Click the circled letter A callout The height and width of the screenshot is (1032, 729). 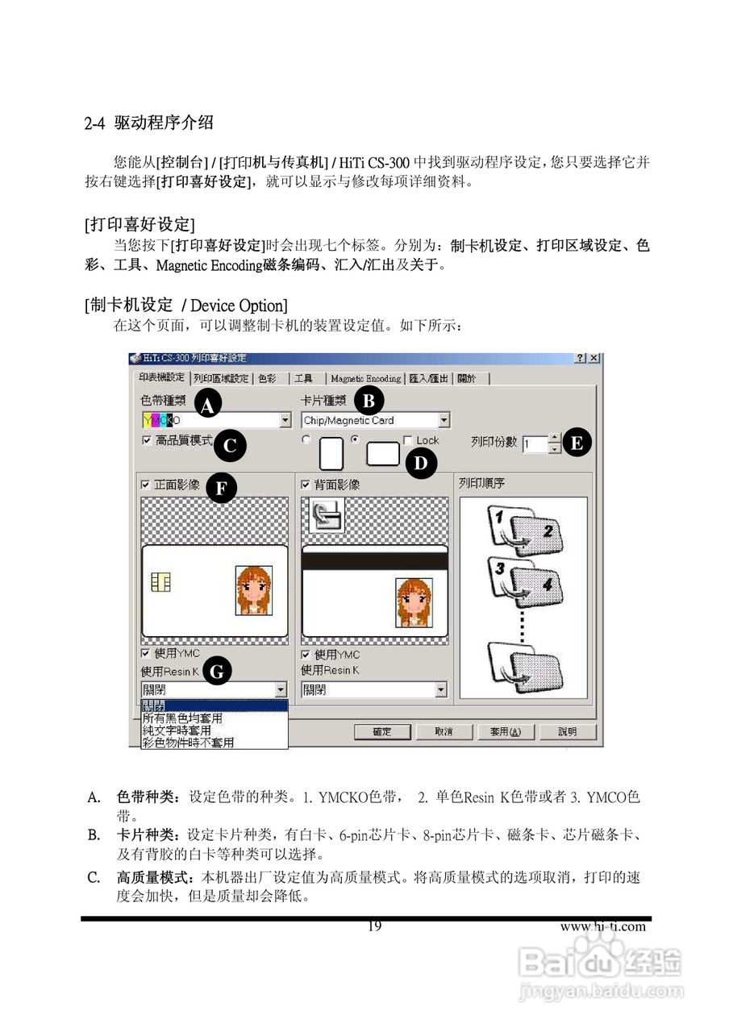click(x=207, y=406)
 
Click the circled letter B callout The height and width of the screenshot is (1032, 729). click(x=369, y=398)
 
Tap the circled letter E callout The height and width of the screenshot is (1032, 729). click(x=577, y=442)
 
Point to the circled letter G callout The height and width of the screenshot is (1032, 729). click(x=218, y=670)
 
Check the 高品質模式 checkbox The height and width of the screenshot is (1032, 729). click(x=147, y=440)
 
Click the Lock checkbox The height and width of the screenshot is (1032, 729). click(x=408, y=440)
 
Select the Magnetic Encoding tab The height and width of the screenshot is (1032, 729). click(x=365, y=378)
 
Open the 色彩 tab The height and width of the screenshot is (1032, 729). click(x=266, y=378)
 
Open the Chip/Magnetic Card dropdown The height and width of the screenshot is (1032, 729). click(x=444, y=420)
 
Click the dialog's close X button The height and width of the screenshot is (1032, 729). click(x=595, y=358)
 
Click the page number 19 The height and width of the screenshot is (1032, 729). click(x=374, y=926)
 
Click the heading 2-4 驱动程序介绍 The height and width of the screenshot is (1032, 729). click(x=149, y=123)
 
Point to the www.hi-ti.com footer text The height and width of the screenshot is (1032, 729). click(x=602, y=926)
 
